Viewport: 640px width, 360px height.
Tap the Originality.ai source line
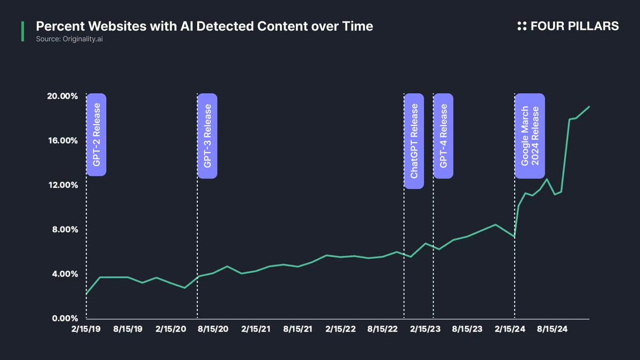(x=69, y=39)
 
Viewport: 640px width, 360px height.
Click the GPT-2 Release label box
(x=97, y=135)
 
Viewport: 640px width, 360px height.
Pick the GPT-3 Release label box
(x=207, y=135)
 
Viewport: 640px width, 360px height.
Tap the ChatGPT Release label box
(x=414, y=141)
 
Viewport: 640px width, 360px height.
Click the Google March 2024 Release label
(x=530, y=135)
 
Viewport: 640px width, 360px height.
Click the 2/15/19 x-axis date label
(x=86, y=330)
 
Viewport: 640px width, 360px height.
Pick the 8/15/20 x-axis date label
(x=213, y=330)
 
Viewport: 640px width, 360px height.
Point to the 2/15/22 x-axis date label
(x=340, y=330)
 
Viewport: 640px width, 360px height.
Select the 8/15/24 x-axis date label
(x=552, y=330)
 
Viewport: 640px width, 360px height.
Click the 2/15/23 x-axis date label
(x=425, y=330)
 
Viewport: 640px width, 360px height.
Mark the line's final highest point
(x=589, y=106)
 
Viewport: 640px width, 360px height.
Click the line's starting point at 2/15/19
(x=86, y=294)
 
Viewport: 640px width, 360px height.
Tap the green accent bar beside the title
(x=22, y=31)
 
